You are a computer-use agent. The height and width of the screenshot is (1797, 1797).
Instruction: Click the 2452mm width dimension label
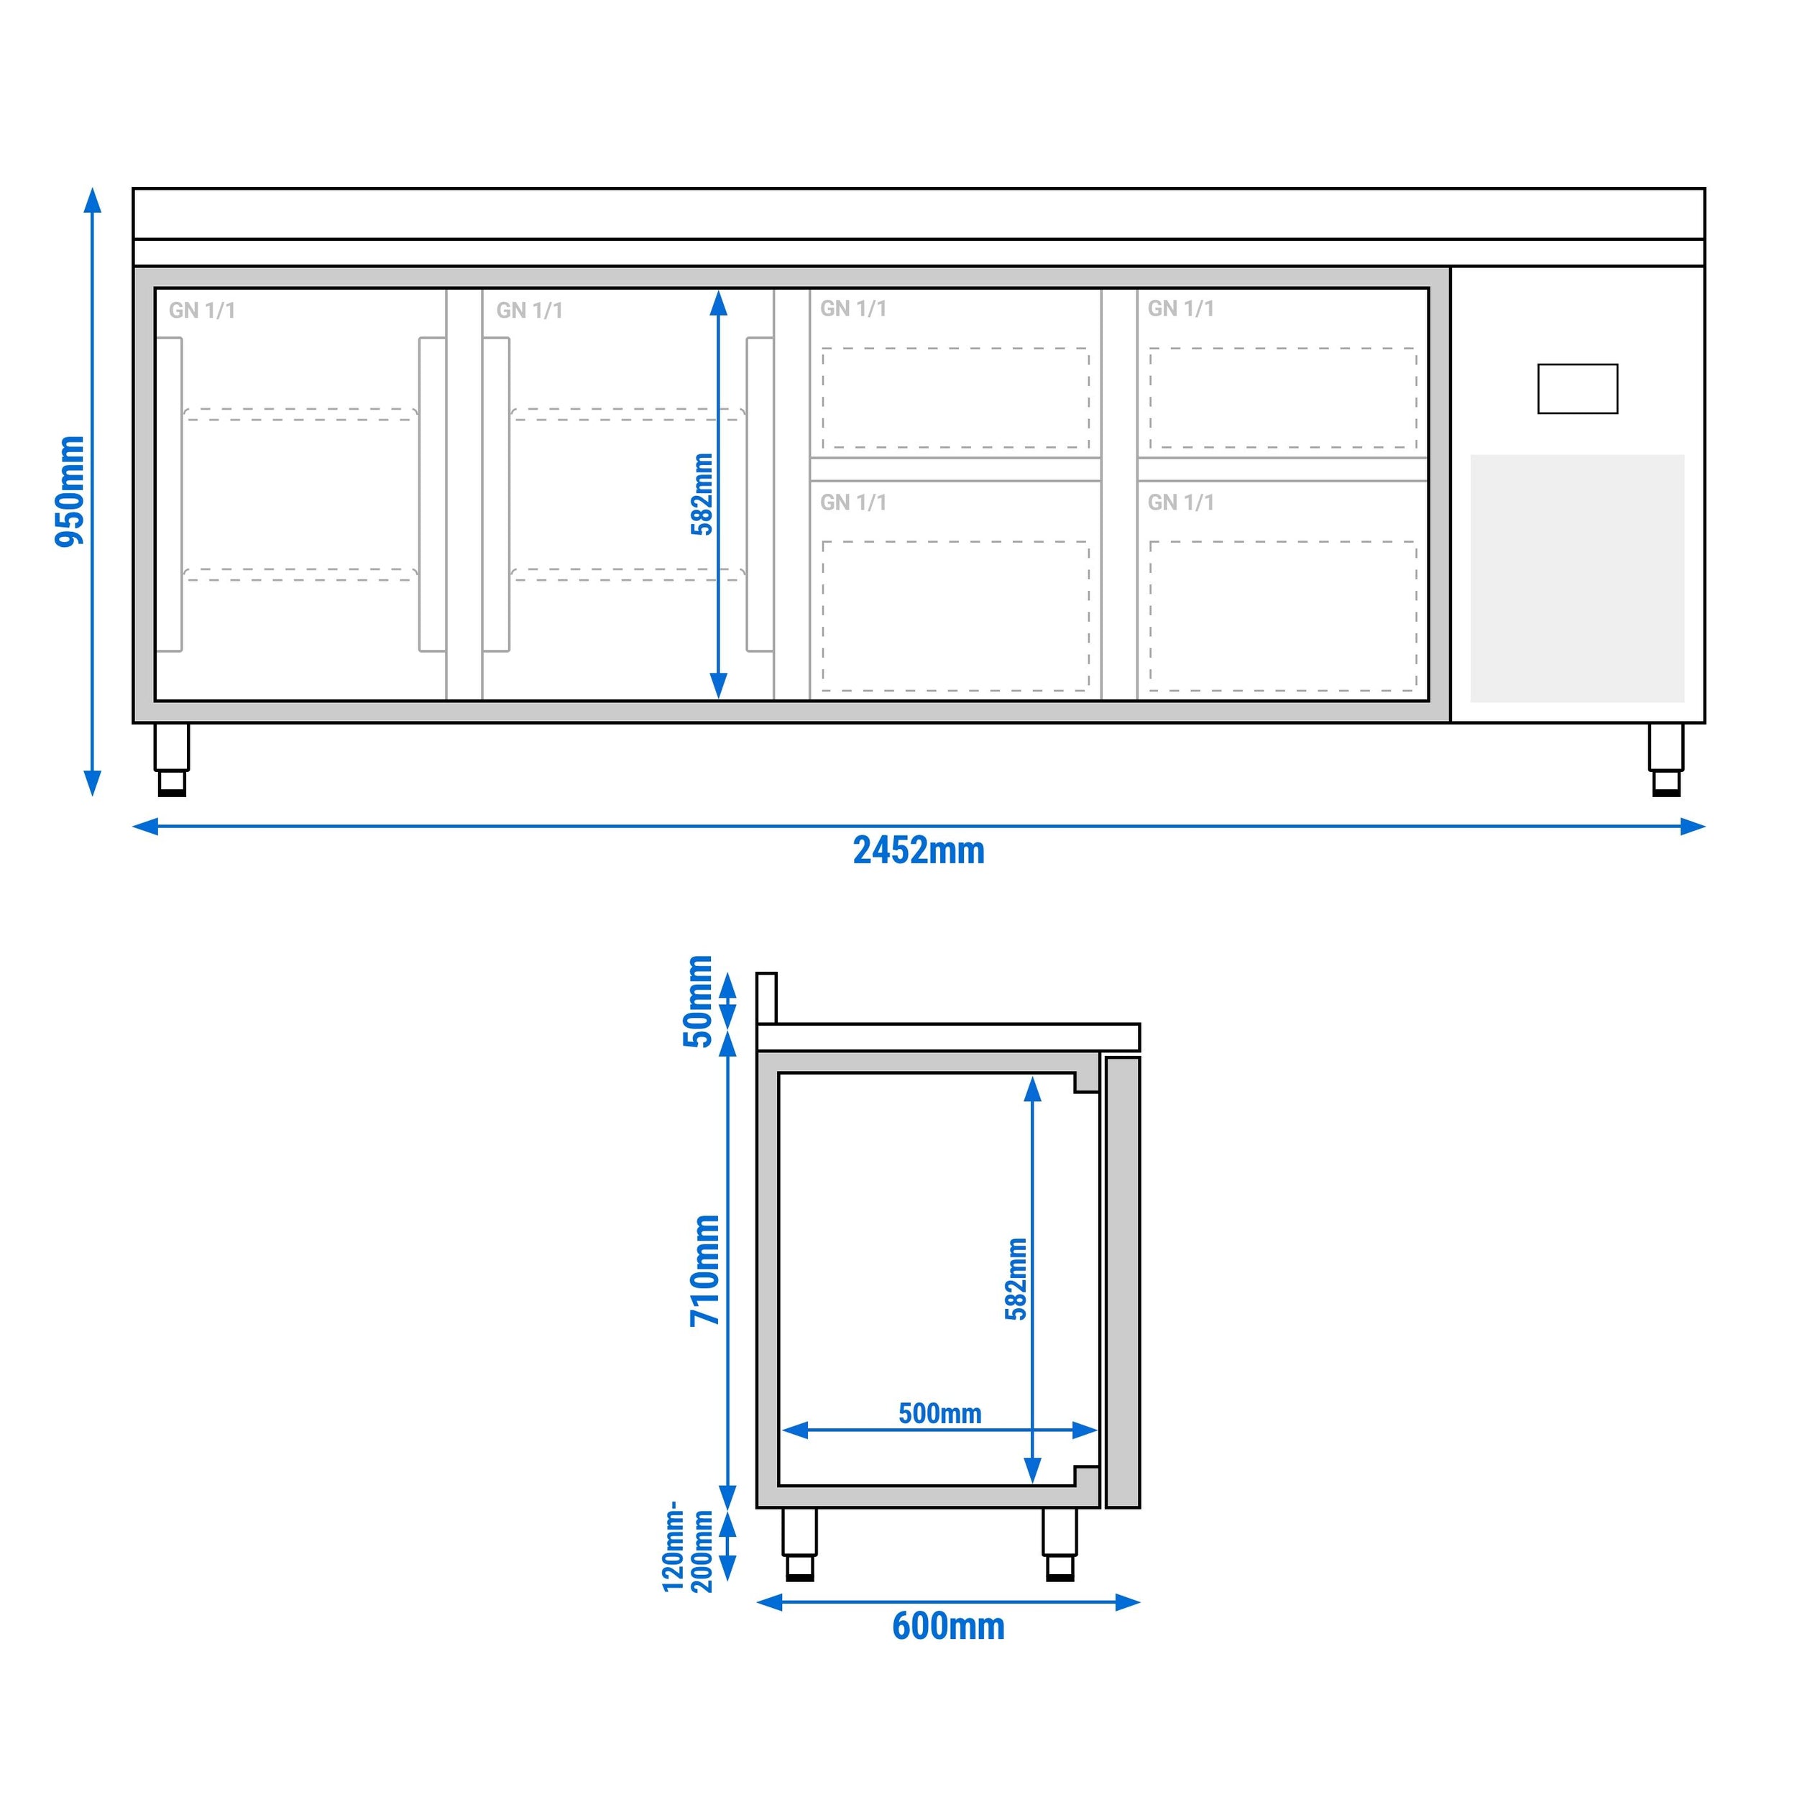[918, 850]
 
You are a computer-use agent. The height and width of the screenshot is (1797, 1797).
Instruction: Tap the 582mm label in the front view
[702, 494]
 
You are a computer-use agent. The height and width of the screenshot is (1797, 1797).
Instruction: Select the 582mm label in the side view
[1016, 1279]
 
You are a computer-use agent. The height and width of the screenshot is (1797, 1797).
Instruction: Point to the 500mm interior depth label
[939, 1414]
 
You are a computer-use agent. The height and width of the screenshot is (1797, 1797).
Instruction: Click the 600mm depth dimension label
[948, 1626]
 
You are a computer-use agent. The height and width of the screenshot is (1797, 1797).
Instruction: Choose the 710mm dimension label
[705, 1271]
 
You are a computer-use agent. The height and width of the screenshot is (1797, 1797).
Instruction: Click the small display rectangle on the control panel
[1578, 389]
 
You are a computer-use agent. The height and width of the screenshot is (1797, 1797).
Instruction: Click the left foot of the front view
[172, 760]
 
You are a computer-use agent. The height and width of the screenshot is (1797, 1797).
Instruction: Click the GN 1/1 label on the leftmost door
[202, 311]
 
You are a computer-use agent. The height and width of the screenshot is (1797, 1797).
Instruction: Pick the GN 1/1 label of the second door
[529, 311]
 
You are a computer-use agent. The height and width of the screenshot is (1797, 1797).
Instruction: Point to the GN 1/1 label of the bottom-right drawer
[1180, 503]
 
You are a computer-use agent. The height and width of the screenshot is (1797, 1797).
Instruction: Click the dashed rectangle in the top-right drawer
[1282, 398]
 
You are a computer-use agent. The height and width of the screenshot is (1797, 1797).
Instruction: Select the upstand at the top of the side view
[766, 998]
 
